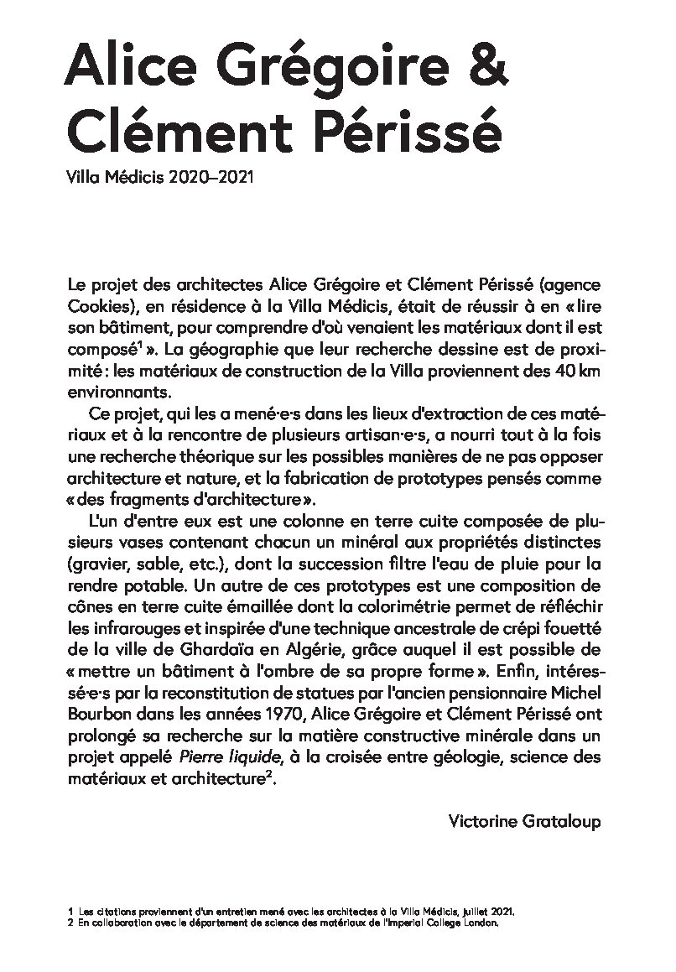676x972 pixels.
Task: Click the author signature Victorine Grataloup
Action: click(524, 819)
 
